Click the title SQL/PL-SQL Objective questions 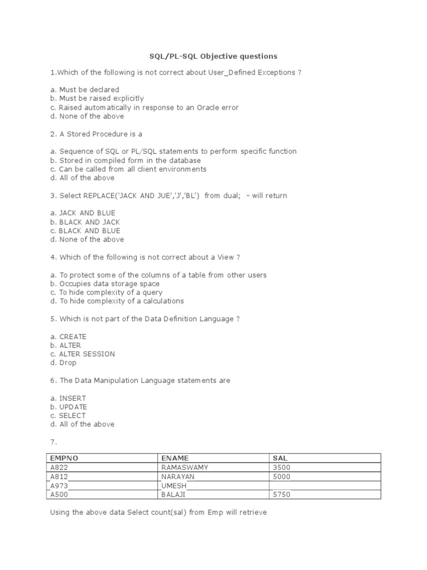[213, 56]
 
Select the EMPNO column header [64, 458]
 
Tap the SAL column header [281, 458]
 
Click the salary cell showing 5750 [282, 494]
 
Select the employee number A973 [59, 485]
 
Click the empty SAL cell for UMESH [325, 485]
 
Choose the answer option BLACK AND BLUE [90, 230]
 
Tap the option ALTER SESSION [87, 354]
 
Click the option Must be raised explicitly [101, 99]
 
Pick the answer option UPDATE [73, 407]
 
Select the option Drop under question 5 [68, 363]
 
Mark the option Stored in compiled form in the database [122, 160]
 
